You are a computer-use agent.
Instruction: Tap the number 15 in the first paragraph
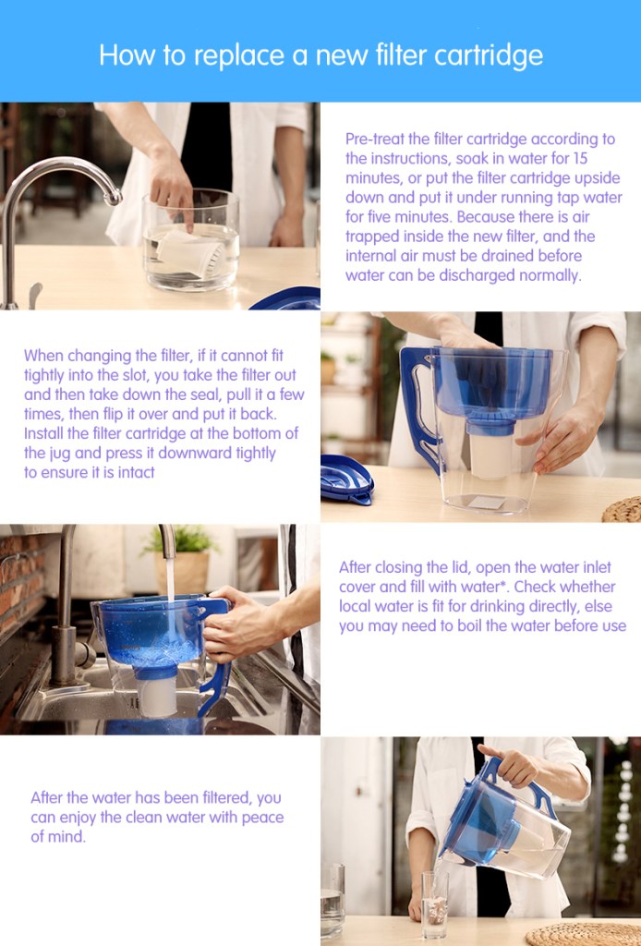click(578, 159)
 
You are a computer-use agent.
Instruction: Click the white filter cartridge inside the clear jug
click(490, 455)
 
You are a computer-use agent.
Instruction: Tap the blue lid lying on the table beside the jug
click(346, 479)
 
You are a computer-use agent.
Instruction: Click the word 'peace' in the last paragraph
click(263, 818)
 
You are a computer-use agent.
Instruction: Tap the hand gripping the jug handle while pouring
click(510, 765)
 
